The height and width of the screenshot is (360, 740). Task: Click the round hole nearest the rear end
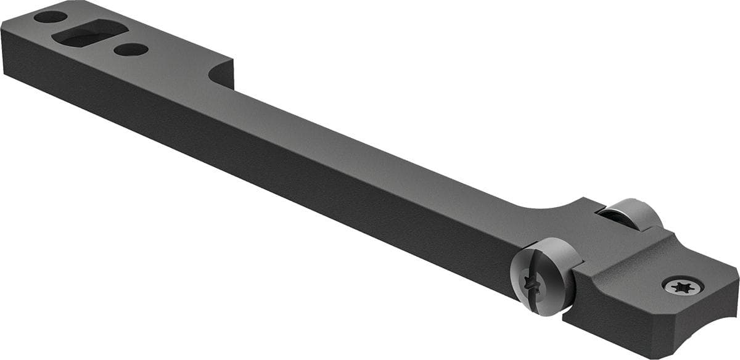coord(51,17)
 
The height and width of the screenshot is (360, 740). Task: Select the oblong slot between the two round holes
coord(89,33)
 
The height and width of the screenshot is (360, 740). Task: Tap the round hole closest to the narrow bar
coord(131,49)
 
